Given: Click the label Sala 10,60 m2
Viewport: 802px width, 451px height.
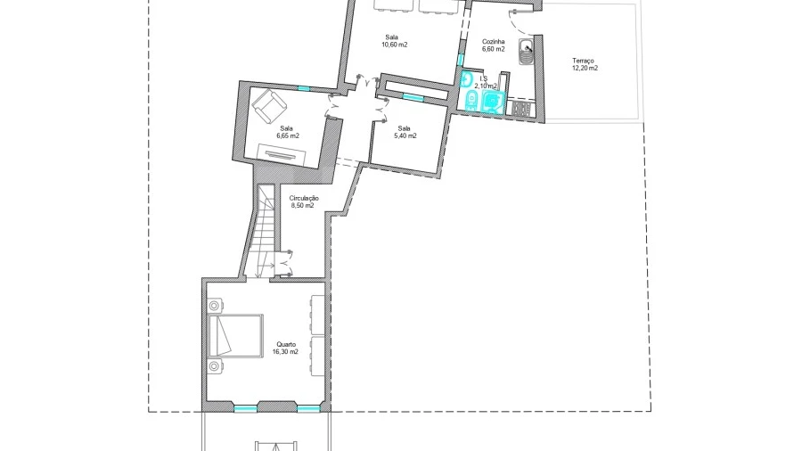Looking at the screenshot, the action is pyautogui.click(x=394, y=41).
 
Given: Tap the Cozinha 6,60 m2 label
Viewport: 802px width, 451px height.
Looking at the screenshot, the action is pyautogui.click(x=494, y=45).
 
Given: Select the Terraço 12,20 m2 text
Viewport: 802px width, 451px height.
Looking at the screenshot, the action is pyautogui.click(x=585, y=64).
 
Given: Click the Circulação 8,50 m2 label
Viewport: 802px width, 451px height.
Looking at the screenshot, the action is pyautogui.click(x=303, y=202).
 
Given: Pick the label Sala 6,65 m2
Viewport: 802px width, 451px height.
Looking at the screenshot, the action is pyautogui.click(x=288, y=133).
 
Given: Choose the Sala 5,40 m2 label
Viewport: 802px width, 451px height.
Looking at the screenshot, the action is pyautogui.click(x=405, y=133).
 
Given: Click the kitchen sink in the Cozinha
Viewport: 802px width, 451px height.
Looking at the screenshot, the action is pyautogui.click(x=526, y=52).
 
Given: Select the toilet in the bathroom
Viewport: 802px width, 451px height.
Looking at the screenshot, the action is pyautogui.click(x=471, y=101).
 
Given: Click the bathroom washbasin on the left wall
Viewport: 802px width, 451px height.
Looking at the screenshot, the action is pyautogui.click(x=465, y=79).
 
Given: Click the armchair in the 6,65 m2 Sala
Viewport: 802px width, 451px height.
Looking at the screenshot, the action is pyautogui.click(x=269, y=106).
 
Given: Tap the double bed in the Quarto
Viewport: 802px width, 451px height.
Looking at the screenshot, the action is pyautogui.click(x=236, y=335).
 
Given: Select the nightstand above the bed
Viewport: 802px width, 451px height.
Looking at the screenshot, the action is pyautogui.click(x=214, y=306).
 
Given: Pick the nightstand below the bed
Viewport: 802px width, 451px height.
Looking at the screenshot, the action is pyautogui.click(x=214, y=366).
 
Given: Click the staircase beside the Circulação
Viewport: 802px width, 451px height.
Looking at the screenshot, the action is pyautogui.click(x=266, y=231).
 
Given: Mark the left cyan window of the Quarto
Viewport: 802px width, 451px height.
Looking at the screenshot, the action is pyautogui.click(x=246, y=408).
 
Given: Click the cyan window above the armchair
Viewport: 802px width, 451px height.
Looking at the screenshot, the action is pyautogui.click(x=304, y=88).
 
